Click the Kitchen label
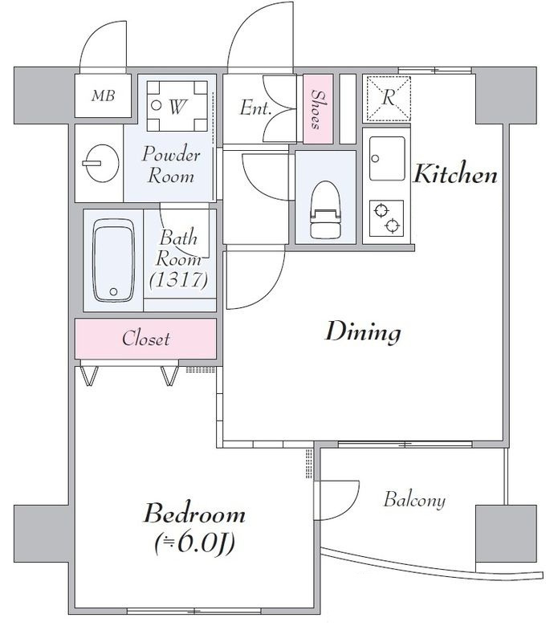pos(455,174)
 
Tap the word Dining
pos(363,331)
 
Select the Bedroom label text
pos(194,514)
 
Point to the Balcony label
pos(414,500)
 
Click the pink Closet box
pos(145,339)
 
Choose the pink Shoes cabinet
pos(318,109)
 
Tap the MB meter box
pos(104,95)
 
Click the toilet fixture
pos(325,209)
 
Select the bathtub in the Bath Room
pos(113,260)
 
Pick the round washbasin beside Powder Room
pos(100,163)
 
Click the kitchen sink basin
pos(387,158)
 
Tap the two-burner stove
pos(386,217)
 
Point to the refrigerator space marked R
pos(388,99)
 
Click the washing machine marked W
pos(177,106)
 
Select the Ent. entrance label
pos(255,108)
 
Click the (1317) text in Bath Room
pos(179,280)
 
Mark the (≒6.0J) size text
pos(194,543)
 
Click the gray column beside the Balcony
pos(506,534)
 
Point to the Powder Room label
pos(171,165)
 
